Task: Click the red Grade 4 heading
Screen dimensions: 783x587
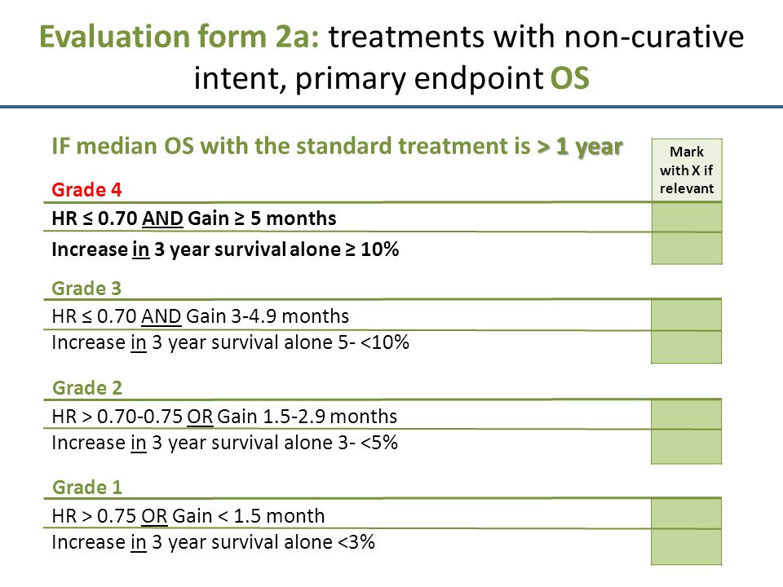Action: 86,190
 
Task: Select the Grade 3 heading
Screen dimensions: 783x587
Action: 86,289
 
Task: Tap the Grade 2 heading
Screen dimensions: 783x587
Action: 87,388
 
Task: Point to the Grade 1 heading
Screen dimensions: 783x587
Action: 87,488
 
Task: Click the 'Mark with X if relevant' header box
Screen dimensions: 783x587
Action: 687,170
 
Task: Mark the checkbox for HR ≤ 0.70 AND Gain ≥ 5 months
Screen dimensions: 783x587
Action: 687,218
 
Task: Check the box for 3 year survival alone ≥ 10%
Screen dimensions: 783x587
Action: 687,249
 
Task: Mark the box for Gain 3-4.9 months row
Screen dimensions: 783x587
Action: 687,316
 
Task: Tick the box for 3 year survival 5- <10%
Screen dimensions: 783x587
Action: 687,347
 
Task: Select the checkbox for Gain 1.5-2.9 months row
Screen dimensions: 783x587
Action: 687,415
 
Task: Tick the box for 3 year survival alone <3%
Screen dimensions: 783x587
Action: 687,547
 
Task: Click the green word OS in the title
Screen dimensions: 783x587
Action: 570,78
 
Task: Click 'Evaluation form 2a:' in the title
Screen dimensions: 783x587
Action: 179,38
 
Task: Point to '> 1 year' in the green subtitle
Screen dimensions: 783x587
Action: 580,147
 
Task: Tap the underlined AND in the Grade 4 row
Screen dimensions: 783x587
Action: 163,218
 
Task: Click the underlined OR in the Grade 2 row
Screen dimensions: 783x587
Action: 200,417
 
